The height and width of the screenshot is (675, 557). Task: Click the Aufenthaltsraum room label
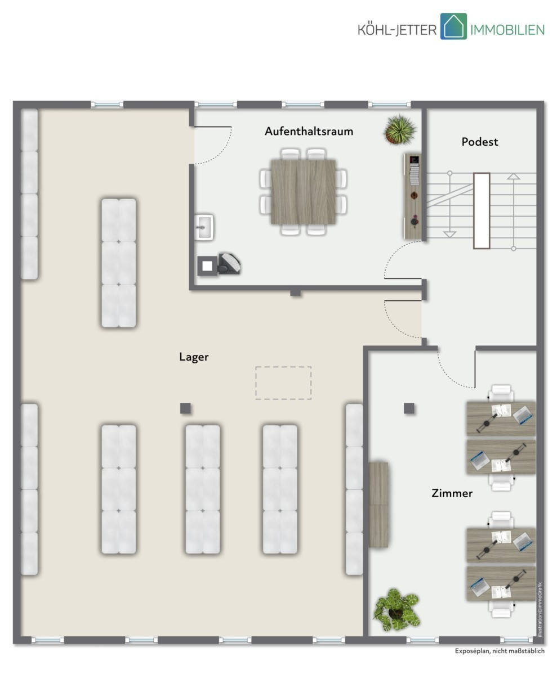(x=309, y=131)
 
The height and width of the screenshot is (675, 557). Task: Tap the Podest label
(x=480, y=142)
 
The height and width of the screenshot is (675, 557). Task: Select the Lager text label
(x=194, y=357)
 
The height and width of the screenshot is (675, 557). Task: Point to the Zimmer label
(x=452, y=493)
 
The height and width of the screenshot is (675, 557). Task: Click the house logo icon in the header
(x=453, y=26)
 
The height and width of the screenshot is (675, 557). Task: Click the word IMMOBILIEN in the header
(x=507, y=30)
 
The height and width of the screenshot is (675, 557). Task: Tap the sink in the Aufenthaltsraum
(x=204, y=227)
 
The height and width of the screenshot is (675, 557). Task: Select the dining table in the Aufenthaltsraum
(x=303, y=192)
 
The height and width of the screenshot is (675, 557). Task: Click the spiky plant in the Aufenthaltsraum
(x=400, y=129)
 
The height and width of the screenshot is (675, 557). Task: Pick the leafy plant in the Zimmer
(x=397, y=610)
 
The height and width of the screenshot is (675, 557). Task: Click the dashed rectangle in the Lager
(x=283, y=382)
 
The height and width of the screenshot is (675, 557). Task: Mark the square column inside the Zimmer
(x=409, y=408)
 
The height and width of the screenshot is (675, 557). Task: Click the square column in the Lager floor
(x=185, y=408)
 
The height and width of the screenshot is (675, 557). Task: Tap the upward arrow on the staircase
(x=513, y=176)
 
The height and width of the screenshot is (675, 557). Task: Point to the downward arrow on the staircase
(x=449, y=235)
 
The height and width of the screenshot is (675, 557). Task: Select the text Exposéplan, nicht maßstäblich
(x=500, y=651)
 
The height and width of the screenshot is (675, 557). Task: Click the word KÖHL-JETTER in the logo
(x=397, y=30)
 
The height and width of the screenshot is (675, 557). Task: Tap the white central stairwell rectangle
(x=482, y=211)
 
